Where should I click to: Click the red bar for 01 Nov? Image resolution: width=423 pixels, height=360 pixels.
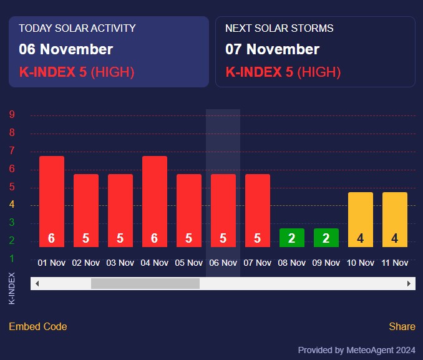coord(52,201)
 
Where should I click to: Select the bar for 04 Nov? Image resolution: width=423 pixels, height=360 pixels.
coord(155,201)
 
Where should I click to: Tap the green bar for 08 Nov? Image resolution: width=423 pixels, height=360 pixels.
coord(292,238)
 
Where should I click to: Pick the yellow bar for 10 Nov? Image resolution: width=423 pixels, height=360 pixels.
coord(361,219)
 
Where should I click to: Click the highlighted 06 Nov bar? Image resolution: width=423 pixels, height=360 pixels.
coord(223,210)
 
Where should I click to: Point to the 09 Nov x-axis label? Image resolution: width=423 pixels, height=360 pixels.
coord(326,263)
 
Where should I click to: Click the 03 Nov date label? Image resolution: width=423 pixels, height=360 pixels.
coord(120,263)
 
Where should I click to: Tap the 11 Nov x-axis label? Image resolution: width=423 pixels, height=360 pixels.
coord(394,263)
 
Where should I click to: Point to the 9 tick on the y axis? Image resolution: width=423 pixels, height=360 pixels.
coord(12,115)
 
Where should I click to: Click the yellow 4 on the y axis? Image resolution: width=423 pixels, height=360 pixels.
coord(12,205)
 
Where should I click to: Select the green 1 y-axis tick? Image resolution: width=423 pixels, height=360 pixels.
coord(12,258)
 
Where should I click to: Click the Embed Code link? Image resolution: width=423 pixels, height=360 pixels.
coord(38,326)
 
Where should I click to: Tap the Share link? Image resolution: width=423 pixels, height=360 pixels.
coord(402,326)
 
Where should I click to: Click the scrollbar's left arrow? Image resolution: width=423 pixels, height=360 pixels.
coord(37,283)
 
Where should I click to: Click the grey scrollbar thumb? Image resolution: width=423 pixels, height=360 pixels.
coord(145,283)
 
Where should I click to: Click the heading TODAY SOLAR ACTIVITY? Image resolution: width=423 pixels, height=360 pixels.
coord(77,28)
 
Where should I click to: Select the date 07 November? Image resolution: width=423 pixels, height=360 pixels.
coord(272,49)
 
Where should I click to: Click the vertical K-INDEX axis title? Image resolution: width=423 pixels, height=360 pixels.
coord(12,288)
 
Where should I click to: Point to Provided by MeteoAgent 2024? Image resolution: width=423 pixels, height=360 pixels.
coord(356,350)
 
